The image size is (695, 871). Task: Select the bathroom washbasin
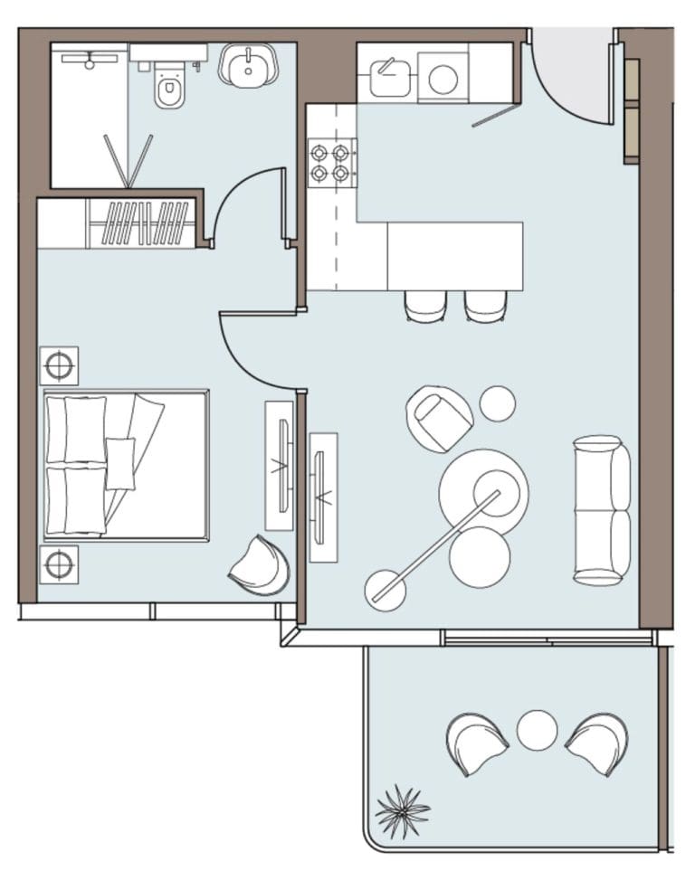[x=247, y=67]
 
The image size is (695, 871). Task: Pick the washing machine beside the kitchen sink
[x=443, y=79]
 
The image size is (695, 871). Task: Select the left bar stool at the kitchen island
[x=425, y=307]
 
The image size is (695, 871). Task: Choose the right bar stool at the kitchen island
[x=485, y=307]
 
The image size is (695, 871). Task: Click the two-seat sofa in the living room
[x=602, y=509]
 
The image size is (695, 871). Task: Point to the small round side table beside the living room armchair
[x=497, y=403]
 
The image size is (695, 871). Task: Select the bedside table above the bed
[x=59, y=365]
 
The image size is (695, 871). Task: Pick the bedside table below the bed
[x=59, y=564]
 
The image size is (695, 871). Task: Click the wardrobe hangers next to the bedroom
[x=144, y=223]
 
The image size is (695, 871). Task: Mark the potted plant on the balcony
[x=402, y=811]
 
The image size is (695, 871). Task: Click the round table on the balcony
[x=537, y=730]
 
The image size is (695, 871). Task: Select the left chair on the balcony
[x=477, y=743]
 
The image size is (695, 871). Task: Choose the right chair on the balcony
[x=598, y=743]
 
